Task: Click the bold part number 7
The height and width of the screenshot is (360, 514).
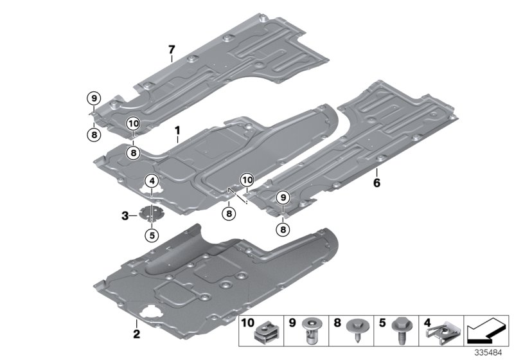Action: click(x=172, y=50)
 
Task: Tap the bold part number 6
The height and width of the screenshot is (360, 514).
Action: click(x=377, y=183)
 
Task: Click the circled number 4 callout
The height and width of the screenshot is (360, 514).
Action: click(x=151, y=182)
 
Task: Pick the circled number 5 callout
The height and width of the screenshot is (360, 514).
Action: click(x=152, y=235)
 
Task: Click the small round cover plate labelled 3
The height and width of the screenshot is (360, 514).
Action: click(x=152, y=213)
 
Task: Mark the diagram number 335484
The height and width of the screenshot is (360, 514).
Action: click(x=489, y=353)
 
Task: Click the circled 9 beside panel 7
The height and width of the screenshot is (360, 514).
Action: click(x=94, y=98)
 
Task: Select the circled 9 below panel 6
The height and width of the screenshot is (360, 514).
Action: click(x=283, y=198)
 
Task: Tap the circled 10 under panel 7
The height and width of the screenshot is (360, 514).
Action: click(x=133, y=123)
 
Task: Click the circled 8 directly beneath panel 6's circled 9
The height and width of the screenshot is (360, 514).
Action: click(x=283, y=229)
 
